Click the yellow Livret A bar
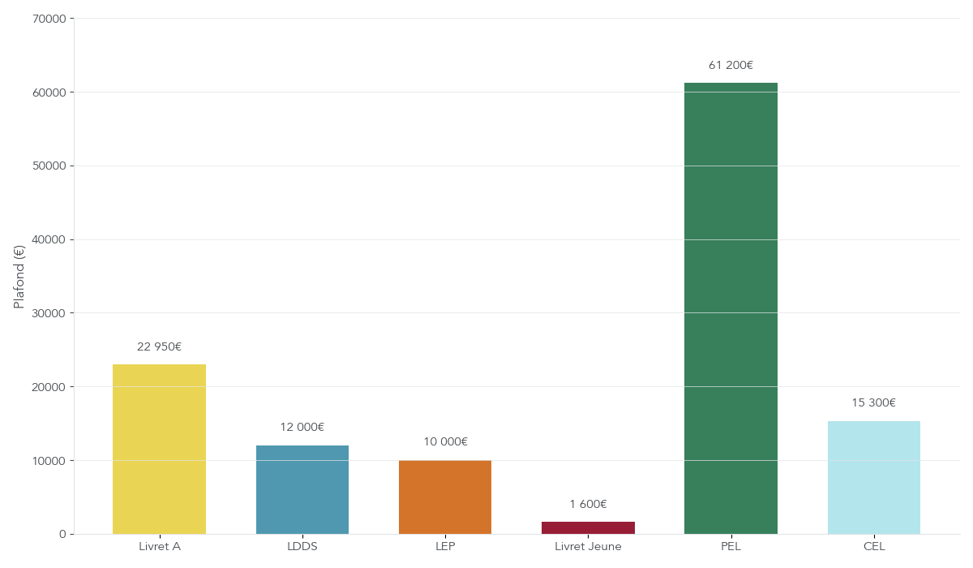click(159, 449)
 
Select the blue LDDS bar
click(302, 489)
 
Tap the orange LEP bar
click(445, 497)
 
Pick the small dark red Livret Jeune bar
click(588, 527)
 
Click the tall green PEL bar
click(731, 308)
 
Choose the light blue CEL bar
click(874, 477)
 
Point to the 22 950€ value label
click(159, 347)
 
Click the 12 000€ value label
click(302, 428)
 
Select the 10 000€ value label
click(445, 442)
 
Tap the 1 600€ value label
click(588, 505)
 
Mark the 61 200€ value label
click(731, 66)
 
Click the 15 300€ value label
click(873, 403)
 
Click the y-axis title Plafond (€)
click(19, 277)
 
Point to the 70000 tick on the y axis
click(48, 19)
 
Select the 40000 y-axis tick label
click(48, 239)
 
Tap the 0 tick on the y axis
click(62, 534)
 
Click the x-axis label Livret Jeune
click(588, 547)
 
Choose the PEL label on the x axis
click(731, 547)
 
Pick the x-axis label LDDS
click(302, 547)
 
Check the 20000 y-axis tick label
click(48, 387)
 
